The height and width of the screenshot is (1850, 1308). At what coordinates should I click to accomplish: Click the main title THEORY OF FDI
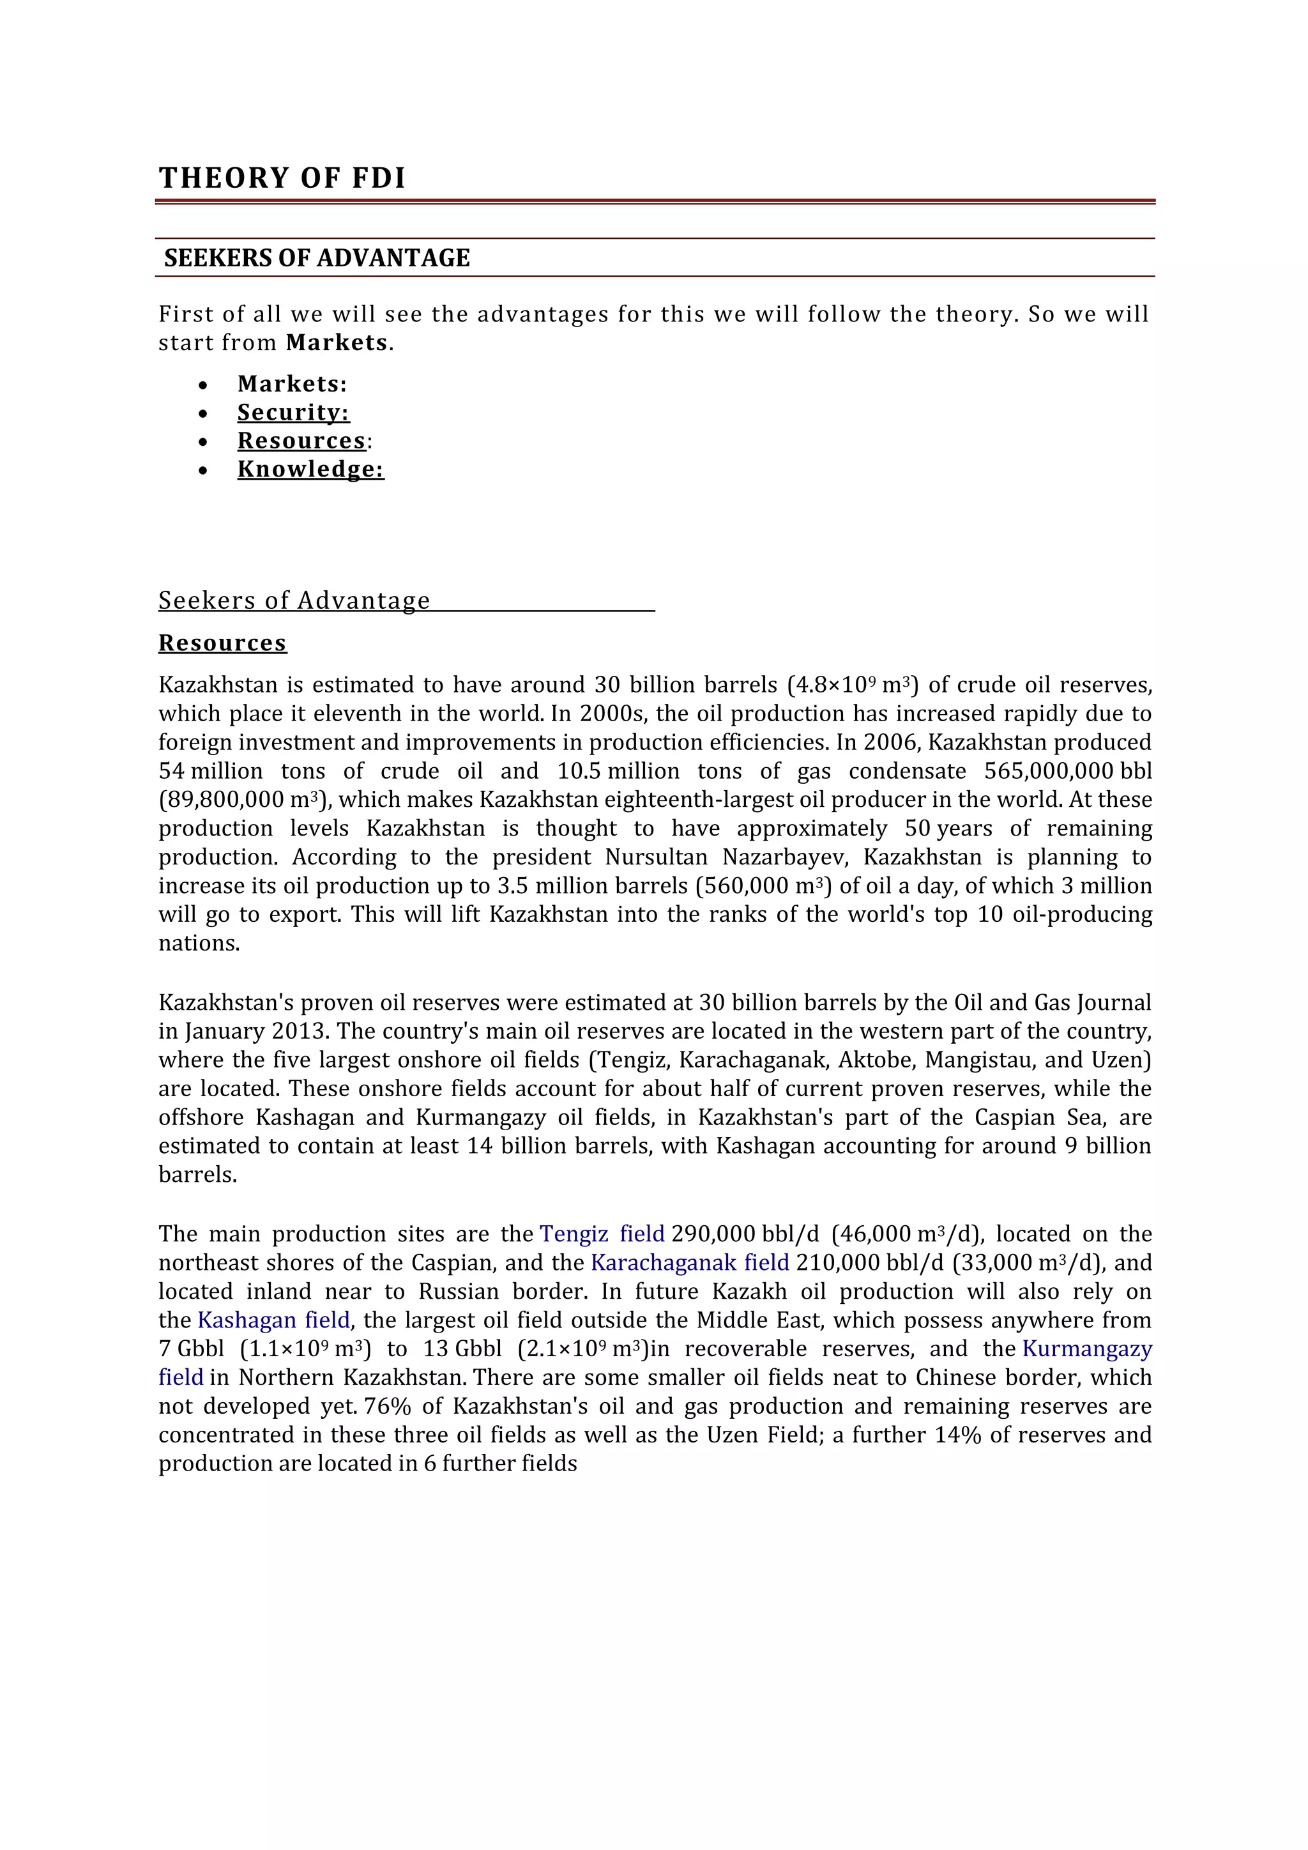(x=282, y=178)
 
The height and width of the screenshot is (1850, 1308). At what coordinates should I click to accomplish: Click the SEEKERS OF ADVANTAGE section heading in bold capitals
(x=317, y=258)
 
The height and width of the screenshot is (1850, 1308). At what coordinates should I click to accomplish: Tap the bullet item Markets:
(x=292, y=383)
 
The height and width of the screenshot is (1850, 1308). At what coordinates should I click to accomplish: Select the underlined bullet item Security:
(x=293, y=413)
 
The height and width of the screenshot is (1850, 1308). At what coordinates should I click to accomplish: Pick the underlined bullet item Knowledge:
(x=310, y=469)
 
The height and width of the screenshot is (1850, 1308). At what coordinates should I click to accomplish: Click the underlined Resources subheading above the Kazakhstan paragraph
(x=222, y=643)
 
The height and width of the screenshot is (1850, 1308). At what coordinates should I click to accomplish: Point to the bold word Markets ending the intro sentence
(x=337, y=342)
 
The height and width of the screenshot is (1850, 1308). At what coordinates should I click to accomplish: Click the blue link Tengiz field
(x=602, y=1234)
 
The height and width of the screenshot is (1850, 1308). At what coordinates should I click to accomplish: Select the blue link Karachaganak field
(x=689, y=1262)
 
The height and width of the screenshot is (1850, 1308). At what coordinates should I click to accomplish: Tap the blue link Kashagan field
(x=273, y=1320)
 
